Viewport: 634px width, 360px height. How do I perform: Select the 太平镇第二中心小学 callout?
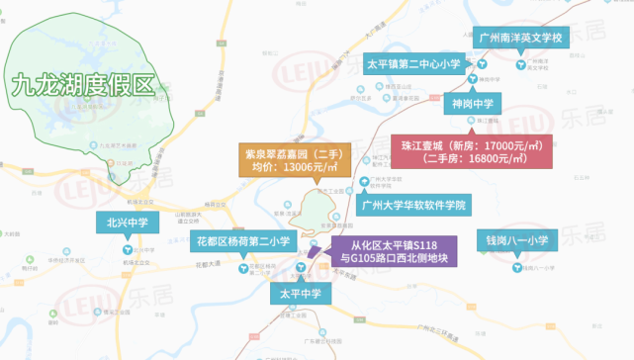click(414, 64)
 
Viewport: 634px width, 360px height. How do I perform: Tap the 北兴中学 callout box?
click(128, 224)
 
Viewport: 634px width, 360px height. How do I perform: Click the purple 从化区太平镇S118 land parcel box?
click(393, 251)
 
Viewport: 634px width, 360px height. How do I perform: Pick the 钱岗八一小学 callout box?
click(516, 239)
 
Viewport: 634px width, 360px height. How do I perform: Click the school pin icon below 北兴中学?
click(128, 250)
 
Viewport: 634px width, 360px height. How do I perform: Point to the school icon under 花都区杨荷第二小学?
click(243, 267)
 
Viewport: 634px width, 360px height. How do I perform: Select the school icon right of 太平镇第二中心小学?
click(481, 64)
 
